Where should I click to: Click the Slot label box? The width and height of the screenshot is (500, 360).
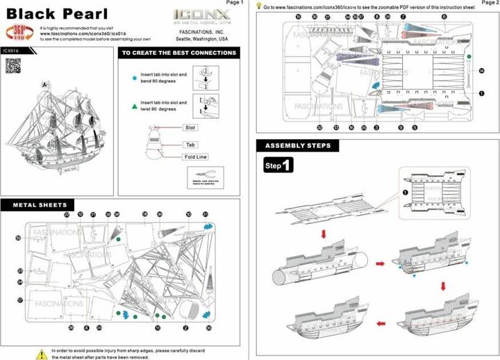(x=189, y=128)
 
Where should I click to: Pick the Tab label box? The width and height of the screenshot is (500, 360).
(x=188, y=145)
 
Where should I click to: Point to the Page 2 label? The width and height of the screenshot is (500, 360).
(x=489, y=3)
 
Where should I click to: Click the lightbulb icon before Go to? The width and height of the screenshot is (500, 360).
(x=258, y=6)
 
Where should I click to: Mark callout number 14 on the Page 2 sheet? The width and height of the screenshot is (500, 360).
(x=481, y=71)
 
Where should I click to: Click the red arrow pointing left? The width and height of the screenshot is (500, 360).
(x=380, y=323)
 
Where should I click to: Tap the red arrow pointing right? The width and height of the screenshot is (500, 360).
(x=380, y=264)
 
